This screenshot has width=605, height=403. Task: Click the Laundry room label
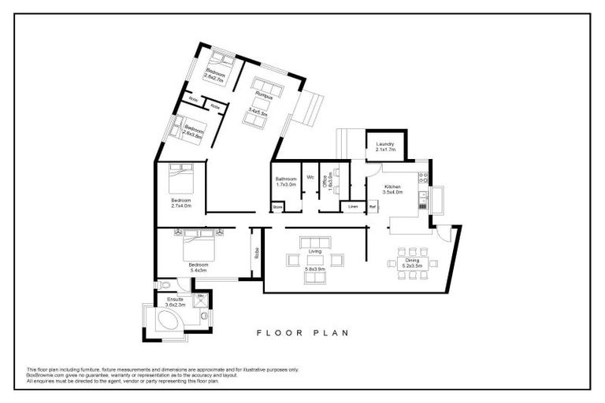tap(384, 144)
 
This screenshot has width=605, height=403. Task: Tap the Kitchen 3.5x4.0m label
tap(392, 187)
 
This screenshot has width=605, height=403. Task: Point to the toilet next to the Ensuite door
tap(165, 285)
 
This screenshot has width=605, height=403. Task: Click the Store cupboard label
tap(277, 208)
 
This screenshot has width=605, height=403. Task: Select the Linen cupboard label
tap(353, 207)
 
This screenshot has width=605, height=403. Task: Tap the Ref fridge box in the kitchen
tap(373, 207)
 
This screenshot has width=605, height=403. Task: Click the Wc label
tap(310, 176)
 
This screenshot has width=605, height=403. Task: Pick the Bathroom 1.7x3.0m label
tap(286, 180)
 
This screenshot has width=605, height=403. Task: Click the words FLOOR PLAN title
tap(302, 333)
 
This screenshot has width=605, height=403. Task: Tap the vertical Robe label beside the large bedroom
tap(256, 253)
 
